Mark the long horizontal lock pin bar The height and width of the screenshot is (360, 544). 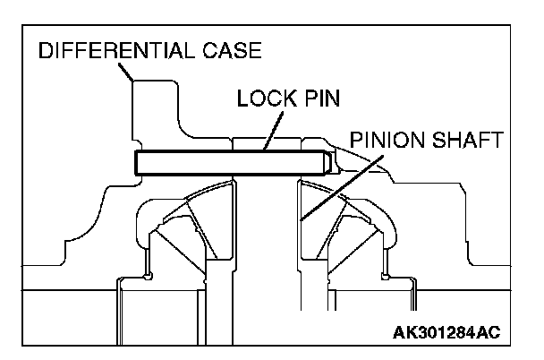(x=228, y=163)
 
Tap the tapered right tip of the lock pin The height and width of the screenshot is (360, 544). (x=327, y=163)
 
